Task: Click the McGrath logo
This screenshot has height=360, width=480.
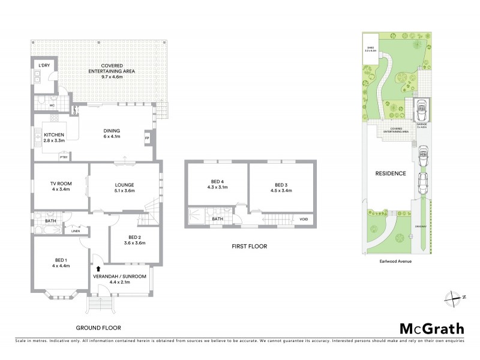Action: [x=432, y=328]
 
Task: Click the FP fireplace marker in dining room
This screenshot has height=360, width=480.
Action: [x=147, y=139]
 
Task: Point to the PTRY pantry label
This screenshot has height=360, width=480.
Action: [x=63, y=157]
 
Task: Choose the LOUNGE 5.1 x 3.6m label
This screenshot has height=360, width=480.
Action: [x=124, y=188]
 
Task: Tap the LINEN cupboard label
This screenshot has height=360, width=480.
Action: [x=75, y=230]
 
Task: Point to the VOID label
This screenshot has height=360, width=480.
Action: [x=304, y=220]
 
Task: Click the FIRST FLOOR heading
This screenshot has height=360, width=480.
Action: [x=250, y=246]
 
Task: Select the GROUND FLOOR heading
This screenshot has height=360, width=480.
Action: [x=98, y=328]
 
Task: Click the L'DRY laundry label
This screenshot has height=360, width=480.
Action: [x=43, y=65]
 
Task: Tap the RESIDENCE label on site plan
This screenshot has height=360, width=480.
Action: [x=391, y=173]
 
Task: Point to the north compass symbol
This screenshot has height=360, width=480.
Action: [x=454, y=297]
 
